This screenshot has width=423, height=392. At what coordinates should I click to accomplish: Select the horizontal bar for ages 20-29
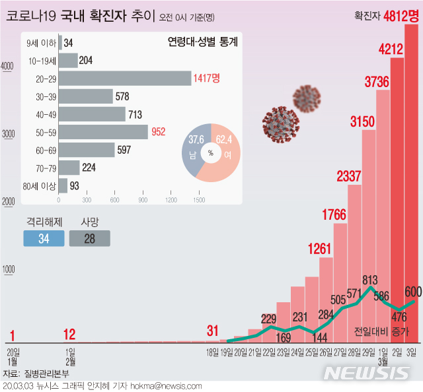pyautogui.click(x=125, y=79)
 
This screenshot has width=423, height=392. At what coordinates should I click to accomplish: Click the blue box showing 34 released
pyautogui.click(x=44, y=238)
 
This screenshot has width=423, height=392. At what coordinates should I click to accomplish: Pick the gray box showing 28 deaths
pyautogui.click(x=89, y=238)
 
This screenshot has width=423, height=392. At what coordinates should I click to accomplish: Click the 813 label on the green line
pyautogui.click(x=370, y=280)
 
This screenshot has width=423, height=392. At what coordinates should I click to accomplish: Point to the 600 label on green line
pyautogui.click(x=413, y=291)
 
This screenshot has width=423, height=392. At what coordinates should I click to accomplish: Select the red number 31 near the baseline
pyautogui.click(x=212, y=330)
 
